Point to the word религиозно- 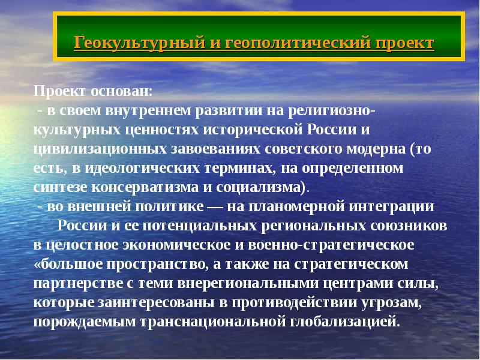pos(333,111)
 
